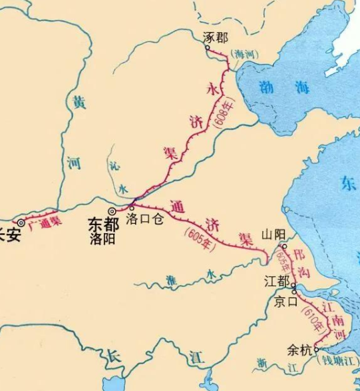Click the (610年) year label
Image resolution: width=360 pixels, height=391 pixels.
click(x=313, y=318)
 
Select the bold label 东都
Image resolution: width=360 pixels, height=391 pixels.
click(x=103, y=225)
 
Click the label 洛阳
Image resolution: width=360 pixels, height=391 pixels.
click(x=104, y=239)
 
